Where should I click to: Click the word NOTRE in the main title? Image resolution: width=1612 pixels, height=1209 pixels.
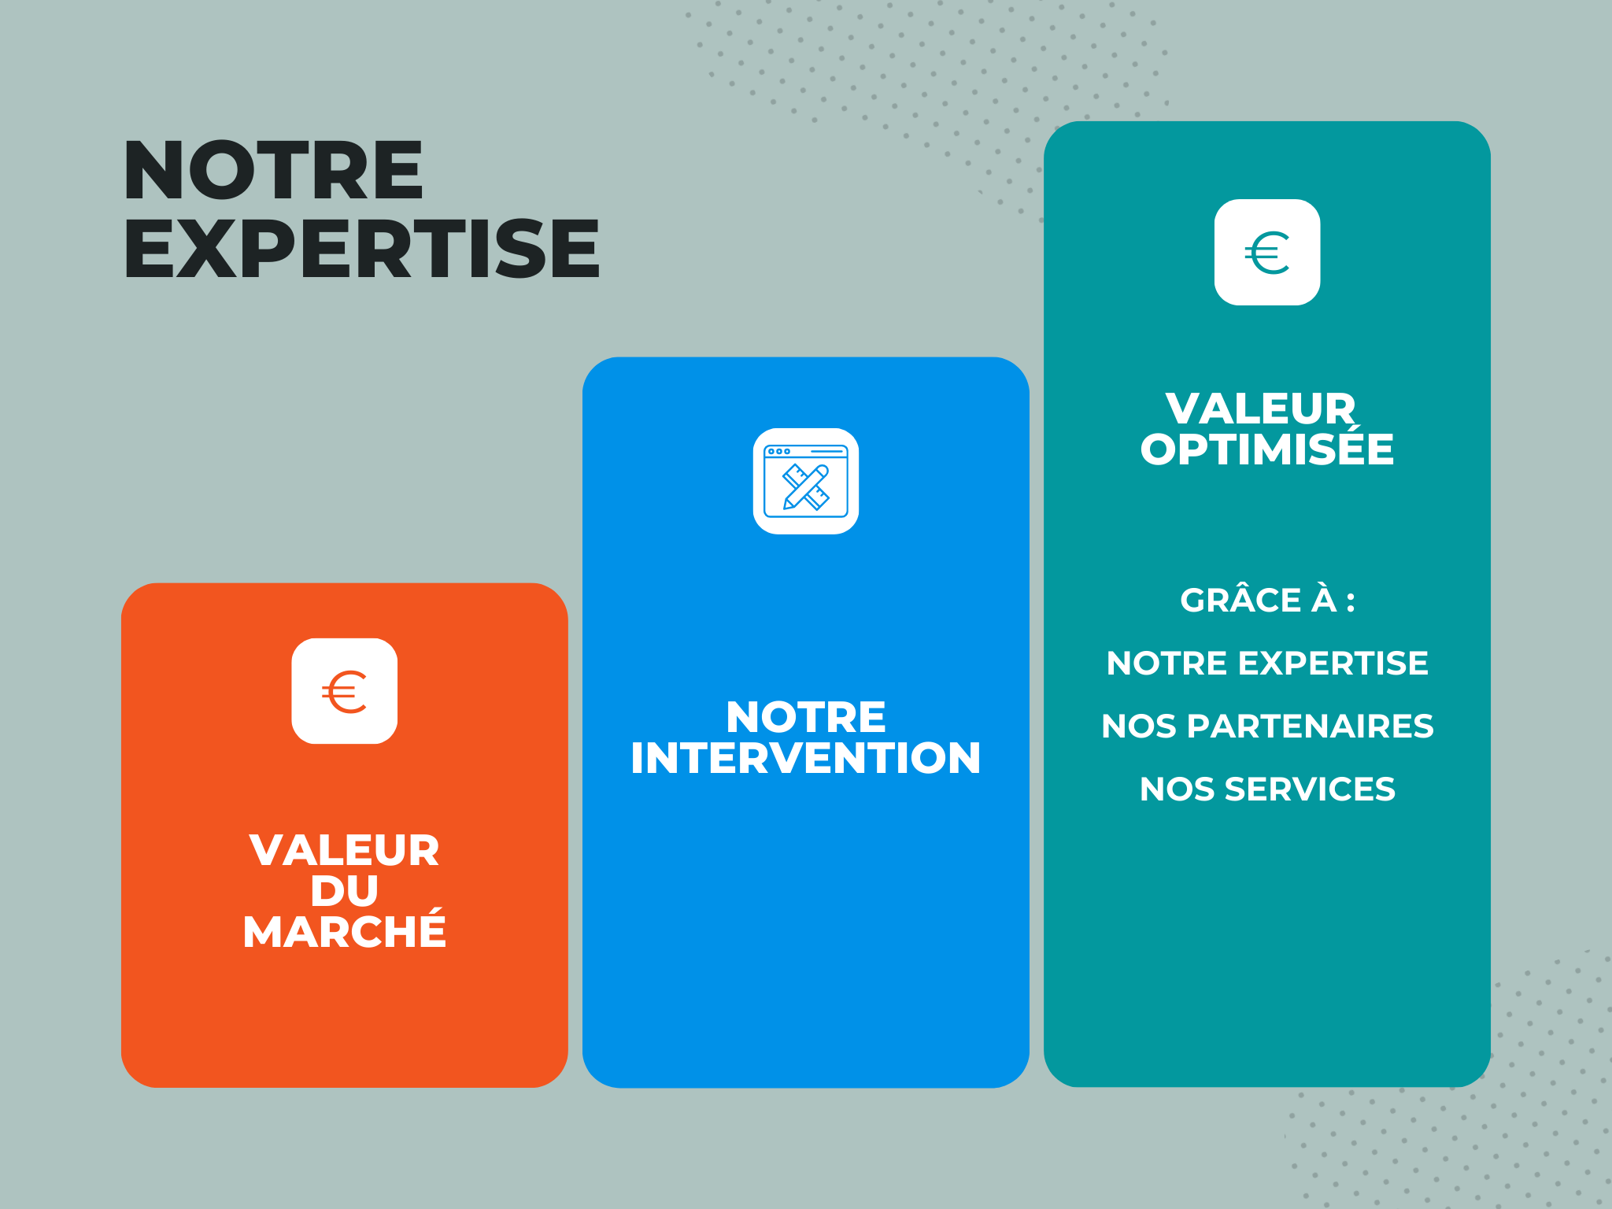(274, 170)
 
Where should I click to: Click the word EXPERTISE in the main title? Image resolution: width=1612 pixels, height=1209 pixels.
(362, 248)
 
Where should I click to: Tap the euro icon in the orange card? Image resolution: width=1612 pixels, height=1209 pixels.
(344, 692)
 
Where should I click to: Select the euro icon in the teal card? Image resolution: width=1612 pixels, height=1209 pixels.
(1267, 253)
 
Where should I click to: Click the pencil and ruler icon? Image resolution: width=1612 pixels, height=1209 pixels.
(806, 481)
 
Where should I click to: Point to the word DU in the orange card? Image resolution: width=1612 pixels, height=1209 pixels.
(345, 891)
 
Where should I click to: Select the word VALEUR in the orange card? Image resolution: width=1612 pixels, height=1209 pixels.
(345, 850)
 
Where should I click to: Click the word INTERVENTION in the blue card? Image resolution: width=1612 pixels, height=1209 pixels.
(806, 758)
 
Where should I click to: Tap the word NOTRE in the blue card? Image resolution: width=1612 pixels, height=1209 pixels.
(806, 717)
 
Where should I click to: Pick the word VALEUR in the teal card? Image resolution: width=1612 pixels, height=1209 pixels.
(1261, 409)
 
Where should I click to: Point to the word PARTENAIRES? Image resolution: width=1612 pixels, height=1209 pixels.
(1311, 727)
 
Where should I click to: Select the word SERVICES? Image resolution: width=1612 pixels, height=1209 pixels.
(1310, 789)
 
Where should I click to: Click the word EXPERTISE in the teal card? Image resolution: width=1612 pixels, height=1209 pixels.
(1333, 664)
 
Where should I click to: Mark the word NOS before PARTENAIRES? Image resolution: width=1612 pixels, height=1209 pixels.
(1139, 727)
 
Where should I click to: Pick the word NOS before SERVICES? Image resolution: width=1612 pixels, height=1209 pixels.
(1177, 789)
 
